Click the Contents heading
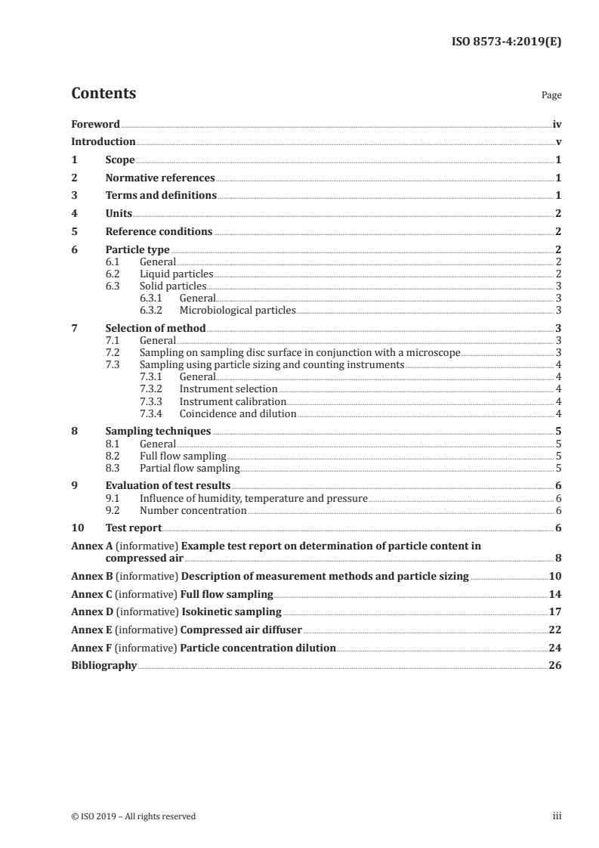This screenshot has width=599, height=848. [103, 94]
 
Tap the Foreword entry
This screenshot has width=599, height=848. [95, 124]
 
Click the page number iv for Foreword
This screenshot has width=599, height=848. [556, 124]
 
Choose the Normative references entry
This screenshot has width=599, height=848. [160, 178]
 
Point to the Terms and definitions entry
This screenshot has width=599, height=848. [161, 196]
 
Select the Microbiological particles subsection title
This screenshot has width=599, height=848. [237, 309]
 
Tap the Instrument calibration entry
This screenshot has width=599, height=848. [233, 401]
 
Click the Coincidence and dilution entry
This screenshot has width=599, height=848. [238, 413]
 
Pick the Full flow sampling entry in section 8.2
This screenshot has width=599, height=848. [183, 456]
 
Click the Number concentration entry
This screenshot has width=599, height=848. [193, 510]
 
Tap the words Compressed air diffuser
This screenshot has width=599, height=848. [241, 630]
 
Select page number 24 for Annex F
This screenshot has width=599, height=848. [554, 648]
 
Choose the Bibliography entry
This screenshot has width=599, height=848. [103, 666]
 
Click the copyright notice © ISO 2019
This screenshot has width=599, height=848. [133, 816]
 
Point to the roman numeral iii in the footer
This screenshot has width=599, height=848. [557, 816]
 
